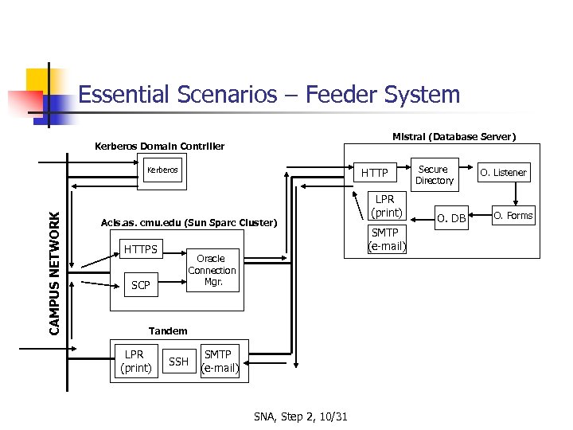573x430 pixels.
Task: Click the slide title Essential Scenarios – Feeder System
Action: click(269, 95)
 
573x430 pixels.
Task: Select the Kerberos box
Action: click(162, 170)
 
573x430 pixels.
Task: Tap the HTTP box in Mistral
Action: click(374, 173)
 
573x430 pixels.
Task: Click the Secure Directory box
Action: click(435, 175)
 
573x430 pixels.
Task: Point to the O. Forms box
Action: click(513, 215)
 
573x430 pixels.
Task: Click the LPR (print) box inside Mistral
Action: click(385, 206)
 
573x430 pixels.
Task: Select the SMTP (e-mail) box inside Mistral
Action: click(386, 239)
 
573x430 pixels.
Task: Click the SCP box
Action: click(140, 285)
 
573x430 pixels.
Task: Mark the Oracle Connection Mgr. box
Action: click(211, 270)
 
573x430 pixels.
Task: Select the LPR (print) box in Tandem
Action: click(135, 361)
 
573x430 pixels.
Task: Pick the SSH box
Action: click(179, 362)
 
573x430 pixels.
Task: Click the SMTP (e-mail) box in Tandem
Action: click(218, 361)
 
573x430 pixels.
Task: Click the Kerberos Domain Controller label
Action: click(159, 147)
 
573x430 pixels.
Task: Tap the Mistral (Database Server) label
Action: click(454, 137)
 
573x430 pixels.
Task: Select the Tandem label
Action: click(168, 331)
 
